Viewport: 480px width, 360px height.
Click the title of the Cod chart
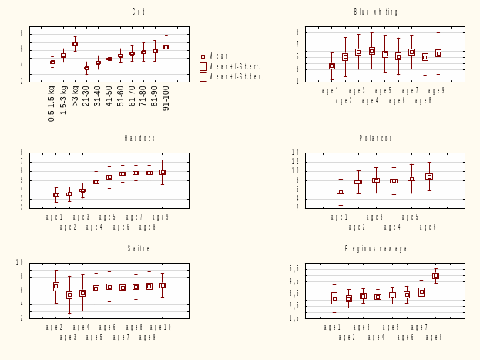pyautogui.click(x=139, y=12)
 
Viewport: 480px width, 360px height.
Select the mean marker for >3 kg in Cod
pyautogui.click(x=75, y=45)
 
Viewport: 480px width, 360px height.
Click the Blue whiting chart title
pyautogui.click(x=376, y=12)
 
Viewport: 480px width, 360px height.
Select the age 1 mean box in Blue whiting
pyautogui.click(x=332, y=66)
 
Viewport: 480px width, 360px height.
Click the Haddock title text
pyautogui.click(x=139, y=138)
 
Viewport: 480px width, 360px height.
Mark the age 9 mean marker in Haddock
pyautogui.click(x=163, y=172)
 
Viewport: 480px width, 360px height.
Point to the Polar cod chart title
pyautogui.click(x=376, y=138)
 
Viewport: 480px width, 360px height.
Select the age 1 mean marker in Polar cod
pyautogui.click(x=341, y=192)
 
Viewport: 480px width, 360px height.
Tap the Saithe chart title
pyautogui.click(x=139, y=248)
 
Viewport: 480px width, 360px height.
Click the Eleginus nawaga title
pyautogui.click(x=376, y=248)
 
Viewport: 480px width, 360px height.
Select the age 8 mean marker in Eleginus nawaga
pyautogui.click(x=435, y=275)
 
